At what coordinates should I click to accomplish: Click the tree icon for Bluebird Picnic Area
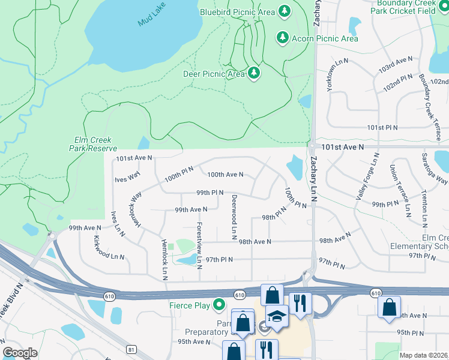[285, 11]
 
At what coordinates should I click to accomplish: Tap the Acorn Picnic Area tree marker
[282, 38]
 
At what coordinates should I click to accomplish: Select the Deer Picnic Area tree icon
[255, 73]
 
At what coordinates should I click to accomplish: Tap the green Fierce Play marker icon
[220, 305]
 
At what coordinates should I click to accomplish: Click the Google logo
[20, 353]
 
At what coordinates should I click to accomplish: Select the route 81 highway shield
[131, 349]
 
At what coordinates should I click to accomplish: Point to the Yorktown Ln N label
[337, 75]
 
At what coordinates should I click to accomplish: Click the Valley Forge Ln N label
[367, 176]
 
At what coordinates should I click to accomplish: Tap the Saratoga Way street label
[441, 172]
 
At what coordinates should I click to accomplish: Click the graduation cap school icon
[277, 316]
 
